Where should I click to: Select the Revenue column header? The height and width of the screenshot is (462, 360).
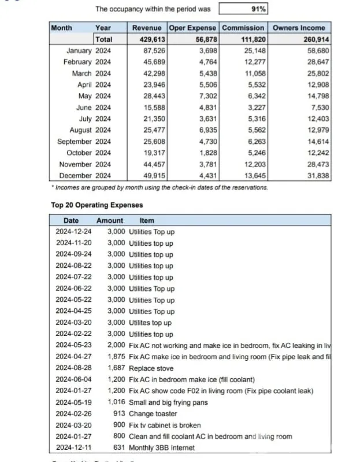coord(147,28)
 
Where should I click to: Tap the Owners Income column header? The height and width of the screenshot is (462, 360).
coord(299,28)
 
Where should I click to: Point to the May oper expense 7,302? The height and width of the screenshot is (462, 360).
coord(207,96)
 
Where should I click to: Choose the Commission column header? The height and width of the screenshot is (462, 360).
coord(243,28)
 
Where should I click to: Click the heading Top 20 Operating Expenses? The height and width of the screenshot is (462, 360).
coord(97,205)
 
